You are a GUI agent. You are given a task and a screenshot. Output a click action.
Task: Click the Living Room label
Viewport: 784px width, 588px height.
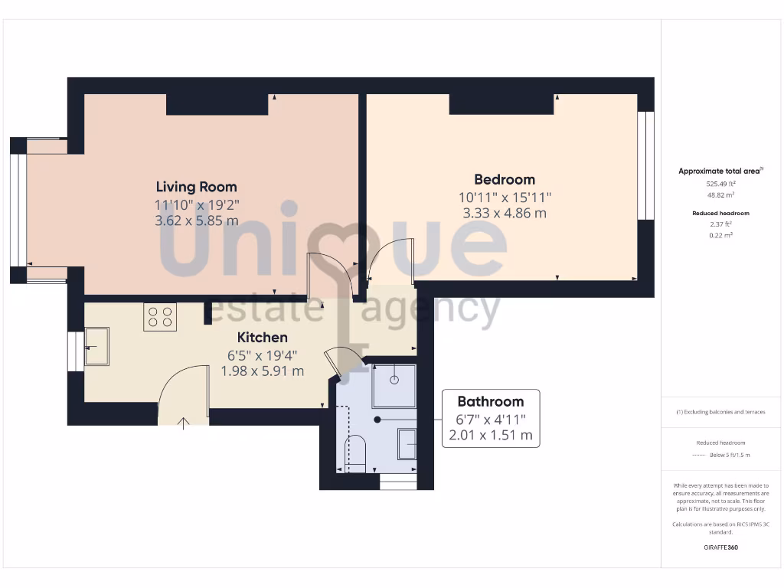pyautogui.click(x=196, y=186)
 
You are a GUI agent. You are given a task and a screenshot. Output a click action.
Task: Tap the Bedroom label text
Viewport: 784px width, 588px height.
pyautogui.click(x=505, y=179)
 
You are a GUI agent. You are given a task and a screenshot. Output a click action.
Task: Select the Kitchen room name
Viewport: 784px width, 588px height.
pyautogui.click(x=263, y=337)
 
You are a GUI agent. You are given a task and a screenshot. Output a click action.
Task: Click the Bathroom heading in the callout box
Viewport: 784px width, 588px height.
pyautogui.click(x=491, y=401)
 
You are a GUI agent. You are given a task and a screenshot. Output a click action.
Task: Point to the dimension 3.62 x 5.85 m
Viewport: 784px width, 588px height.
pyautogui.click(x=196, y=220)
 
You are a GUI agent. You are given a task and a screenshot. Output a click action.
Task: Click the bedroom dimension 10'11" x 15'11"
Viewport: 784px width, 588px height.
pyautogui.click(x=505, y=197)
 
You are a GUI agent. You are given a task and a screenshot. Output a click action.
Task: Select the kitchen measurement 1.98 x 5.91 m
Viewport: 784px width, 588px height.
pyautogui.click(x=263, y=371)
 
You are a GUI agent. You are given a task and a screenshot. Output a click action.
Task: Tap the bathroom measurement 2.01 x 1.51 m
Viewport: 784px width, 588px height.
pyautogui.click(x=491, y=436)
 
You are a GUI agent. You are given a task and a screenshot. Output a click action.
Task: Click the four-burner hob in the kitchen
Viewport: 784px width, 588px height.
pyautogui.click(x=160, y=317)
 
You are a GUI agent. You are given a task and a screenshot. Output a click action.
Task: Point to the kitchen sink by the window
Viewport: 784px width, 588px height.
pyautogui.click(x=96, y=346)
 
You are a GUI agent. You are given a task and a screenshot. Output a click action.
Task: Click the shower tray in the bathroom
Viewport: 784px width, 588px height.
pyautogui.click(x=394, y=386)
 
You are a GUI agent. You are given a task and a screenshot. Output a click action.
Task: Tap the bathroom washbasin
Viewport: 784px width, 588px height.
pyautogui.click(x=407, y=443)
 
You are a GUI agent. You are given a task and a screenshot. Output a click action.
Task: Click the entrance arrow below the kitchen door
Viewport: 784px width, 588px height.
pyautogui.click(x=183, y=423)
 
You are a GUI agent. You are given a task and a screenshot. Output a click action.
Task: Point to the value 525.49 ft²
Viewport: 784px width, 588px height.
pyautogui.click(x=720, y=184)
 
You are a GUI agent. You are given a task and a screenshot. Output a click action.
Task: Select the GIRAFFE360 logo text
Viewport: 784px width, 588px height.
pyautogui.click(x=720, y=547)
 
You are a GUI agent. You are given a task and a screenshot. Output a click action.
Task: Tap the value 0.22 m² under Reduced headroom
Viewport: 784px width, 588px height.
pyautogui.click(x=720, y=235)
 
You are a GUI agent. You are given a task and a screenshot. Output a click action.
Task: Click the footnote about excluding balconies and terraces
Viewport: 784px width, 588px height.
pyautogui.click(x=720, y=412)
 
